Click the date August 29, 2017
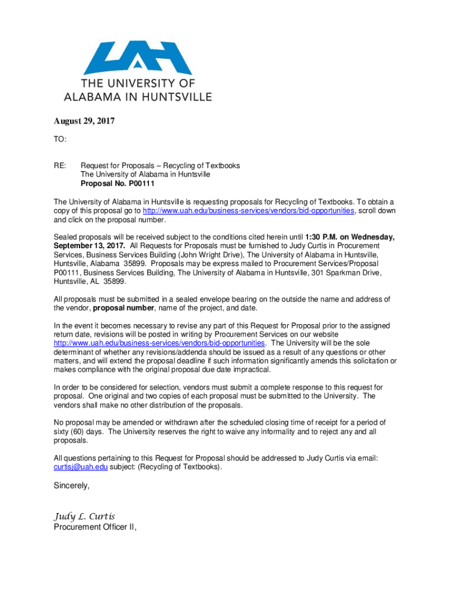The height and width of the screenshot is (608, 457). [x=84, y=122]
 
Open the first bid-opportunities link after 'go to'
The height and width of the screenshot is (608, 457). [x=249, y=211]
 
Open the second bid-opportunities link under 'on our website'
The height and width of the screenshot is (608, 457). [x=159, y=343]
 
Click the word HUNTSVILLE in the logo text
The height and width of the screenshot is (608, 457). [x=170, y=97]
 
